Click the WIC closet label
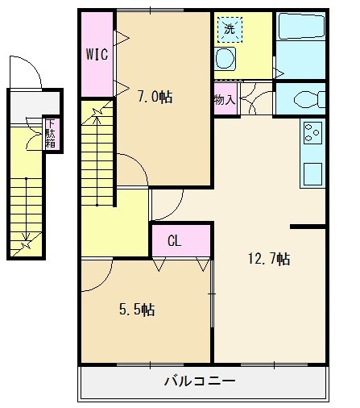coord(97,54)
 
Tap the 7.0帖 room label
coord(155,97)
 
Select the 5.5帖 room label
coord(137,310)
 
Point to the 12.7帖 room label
coord(269,259)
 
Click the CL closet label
coord(175,240)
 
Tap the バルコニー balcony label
coord(200,381)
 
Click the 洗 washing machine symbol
coord(230,30)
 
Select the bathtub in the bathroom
coord(300,26)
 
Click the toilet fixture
coord(309,99)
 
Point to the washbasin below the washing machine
coord(225,59)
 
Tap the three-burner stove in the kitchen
coord(312,133)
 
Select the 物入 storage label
coord(225,100)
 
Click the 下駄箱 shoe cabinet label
coord(51,134)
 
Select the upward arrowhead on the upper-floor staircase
coord(97,119)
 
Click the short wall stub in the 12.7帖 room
coord(308,227)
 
